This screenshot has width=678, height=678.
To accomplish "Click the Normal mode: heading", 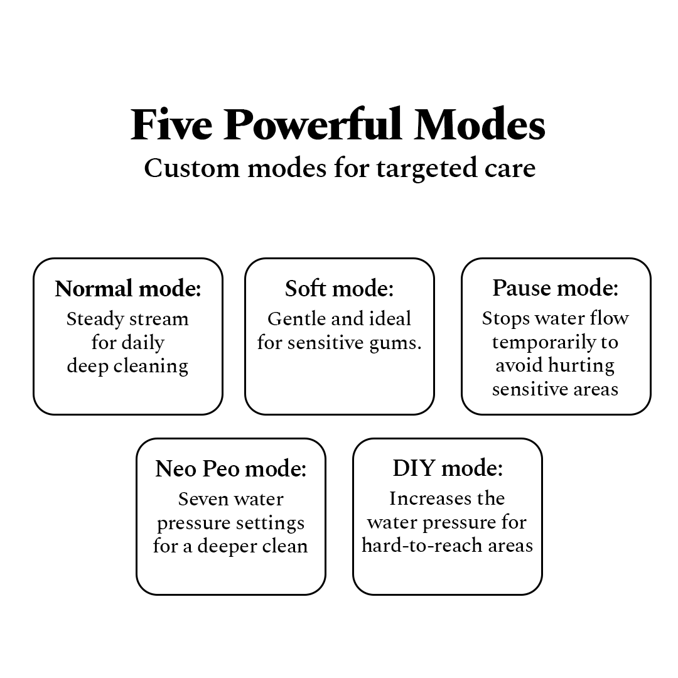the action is pyautogui.click(x=128, y=289).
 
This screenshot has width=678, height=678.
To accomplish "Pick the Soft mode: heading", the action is pyautogui.click(x=340, y=289).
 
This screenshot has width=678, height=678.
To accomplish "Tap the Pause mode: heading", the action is pyautogui.click(x=556, y=288).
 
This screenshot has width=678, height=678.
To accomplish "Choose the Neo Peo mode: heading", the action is pyautogui.click(x=231, y=469).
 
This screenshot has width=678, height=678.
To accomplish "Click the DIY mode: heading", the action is pyautogui.click(x=448, y=468).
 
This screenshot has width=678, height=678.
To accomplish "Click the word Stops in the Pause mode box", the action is pyautogui.click(x=505, y=320).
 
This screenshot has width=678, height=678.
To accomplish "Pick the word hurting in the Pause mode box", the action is pyautogui.click(x=581, y=366).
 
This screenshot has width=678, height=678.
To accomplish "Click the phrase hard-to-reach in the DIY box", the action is pyautogui.click(x=422, y=546).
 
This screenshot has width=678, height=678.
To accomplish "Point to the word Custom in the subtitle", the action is pyautogui.click(x=191, y=168).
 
